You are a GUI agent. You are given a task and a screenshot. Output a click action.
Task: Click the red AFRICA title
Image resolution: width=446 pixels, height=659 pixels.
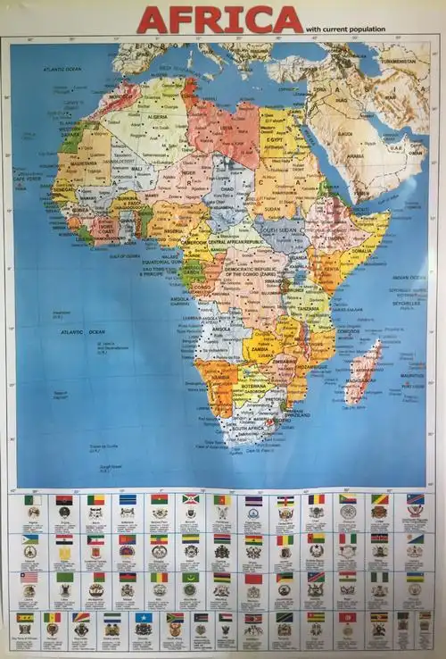click(220, 19)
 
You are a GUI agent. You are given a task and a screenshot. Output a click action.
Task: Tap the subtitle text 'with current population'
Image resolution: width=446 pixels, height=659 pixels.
click(345, 29)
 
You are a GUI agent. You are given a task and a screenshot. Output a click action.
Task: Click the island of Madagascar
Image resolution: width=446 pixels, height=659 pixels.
click(367, 367)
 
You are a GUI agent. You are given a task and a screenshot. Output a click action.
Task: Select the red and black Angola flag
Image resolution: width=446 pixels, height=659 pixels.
click(63, 500)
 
